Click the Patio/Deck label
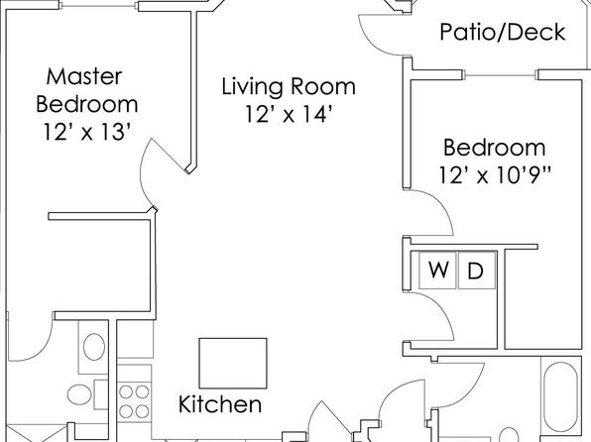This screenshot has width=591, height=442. (503, 32)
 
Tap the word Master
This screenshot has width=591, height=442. (84, 76)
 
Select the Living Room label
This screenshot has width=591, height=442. (289, 86)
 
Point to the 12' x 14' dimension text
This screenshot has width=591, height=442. (289, 114)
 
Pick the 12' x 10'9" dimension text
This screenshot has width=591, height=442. (495, 174)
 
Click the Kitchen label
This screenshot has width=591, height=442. (220, 404)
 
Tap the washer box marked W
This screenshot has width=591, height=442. (438, 271)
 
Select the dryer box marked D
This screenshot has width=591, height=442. (476, 271)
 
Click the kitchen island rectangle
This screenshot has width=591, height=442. (233, 364)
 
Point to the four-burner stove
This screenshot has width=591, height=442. (134, 401)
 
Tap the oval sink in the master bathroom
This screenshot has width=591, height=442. (94, 347)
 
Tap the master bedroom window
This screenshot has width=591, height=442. (99, 6)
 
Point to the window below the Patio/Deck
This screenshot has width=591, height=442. (500, 75)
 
